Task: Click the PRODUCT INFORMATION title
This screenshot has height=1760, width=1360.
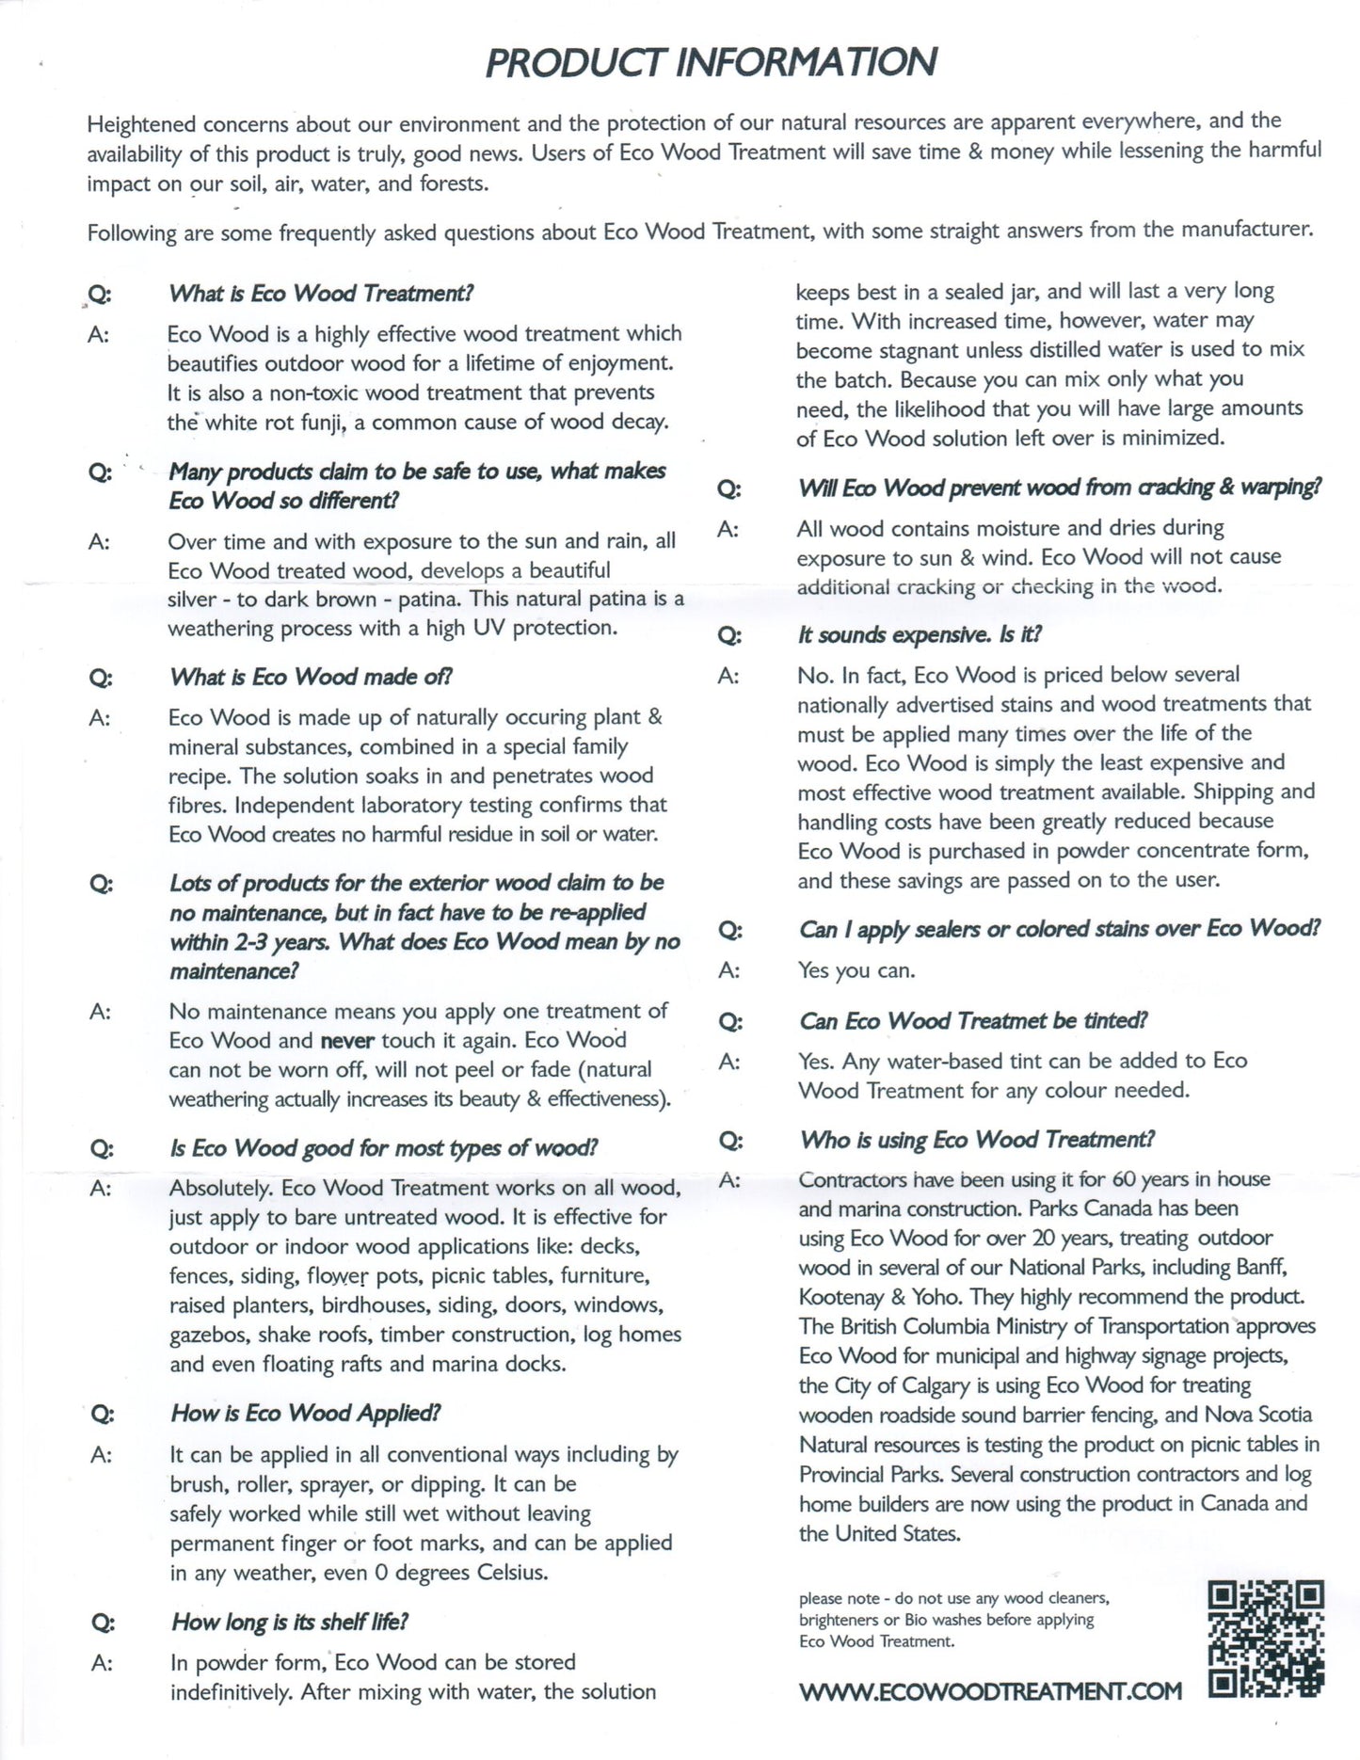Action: [x=711, y=62]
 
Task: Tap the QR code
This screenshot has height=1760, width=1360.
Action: [x=1265, y=1639]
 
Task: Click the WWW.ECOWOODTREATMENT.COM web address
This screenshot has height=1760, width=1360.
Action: [x=989, y=1692]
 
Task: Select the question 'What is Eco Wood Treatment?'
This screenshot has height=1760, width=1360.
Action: [x=321, y=293]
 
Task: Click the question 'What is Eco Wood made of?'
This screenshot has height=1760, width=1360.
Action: [x=311, y=677]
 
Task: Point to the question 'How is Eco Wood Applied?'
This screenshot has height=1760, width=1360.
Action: [x=306, y=1414]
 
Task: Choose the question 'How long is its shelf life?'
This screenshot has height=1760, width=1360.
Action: [x=290, y=1623]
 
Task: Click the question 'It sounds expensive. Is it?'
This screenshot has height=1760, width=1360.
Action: [x=920, y=635]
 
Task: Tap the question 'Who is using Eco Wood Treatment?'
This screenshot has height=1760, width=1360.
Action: [x=976, y=1140]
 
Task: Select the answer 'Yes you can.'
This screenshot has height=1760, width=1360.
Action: [x=856, y=970]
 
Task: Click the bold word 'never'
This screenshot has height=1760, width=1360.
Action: [x=347, y=1041]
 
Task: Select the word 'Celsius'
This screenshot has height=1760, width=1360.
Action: [x=511, y=1573]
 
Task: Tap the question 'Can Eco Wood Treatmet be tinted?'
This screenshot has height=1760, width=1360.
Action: [x=973, y=1021]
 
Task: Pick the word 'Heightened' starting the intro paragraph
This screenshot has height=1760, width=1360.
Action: [x=141, y=124]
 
